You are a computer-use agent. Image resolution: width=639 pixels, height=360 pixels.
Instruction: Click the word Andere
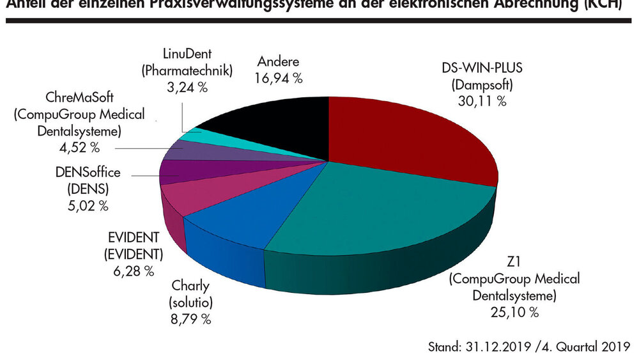279,63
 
